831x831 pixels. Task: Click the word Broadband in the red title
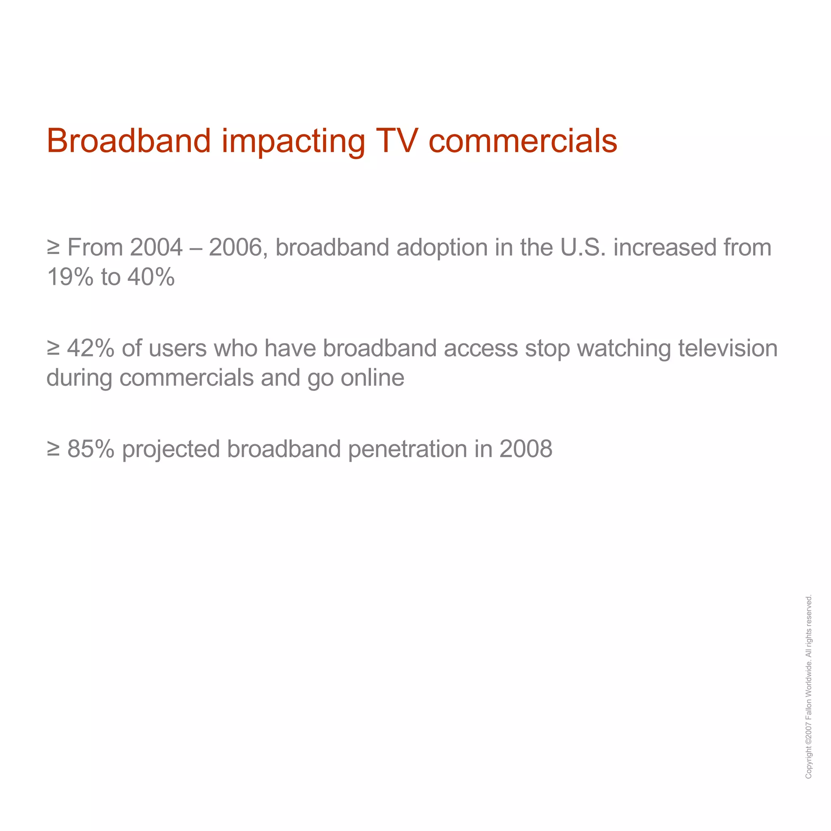point(129,141)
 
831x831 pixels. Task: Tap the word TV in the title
point(396,141)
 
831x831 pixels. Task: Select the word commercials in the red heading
point(523,141)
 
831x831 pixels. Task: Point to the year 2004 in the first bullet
point(156,248)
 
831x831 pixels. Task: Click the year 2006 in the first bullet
point(235,248)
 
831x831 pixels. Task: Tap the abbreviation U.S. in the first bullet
point(583,248)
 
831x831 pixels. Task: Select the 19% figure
point(70,277)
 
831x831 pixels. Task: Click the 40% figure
point(151,277)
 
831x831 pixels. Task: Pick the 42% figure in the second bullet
point(91,349)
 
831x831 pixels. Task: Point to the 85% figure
point(91,449)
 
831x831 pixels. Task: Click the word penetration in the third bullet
point(407,449)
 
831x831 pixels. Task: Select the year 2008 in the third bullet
point(525,449)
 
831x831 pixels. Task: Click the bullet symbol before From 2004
point(53,248)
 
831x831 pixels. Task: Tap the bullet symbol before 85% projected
point(53,449)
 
